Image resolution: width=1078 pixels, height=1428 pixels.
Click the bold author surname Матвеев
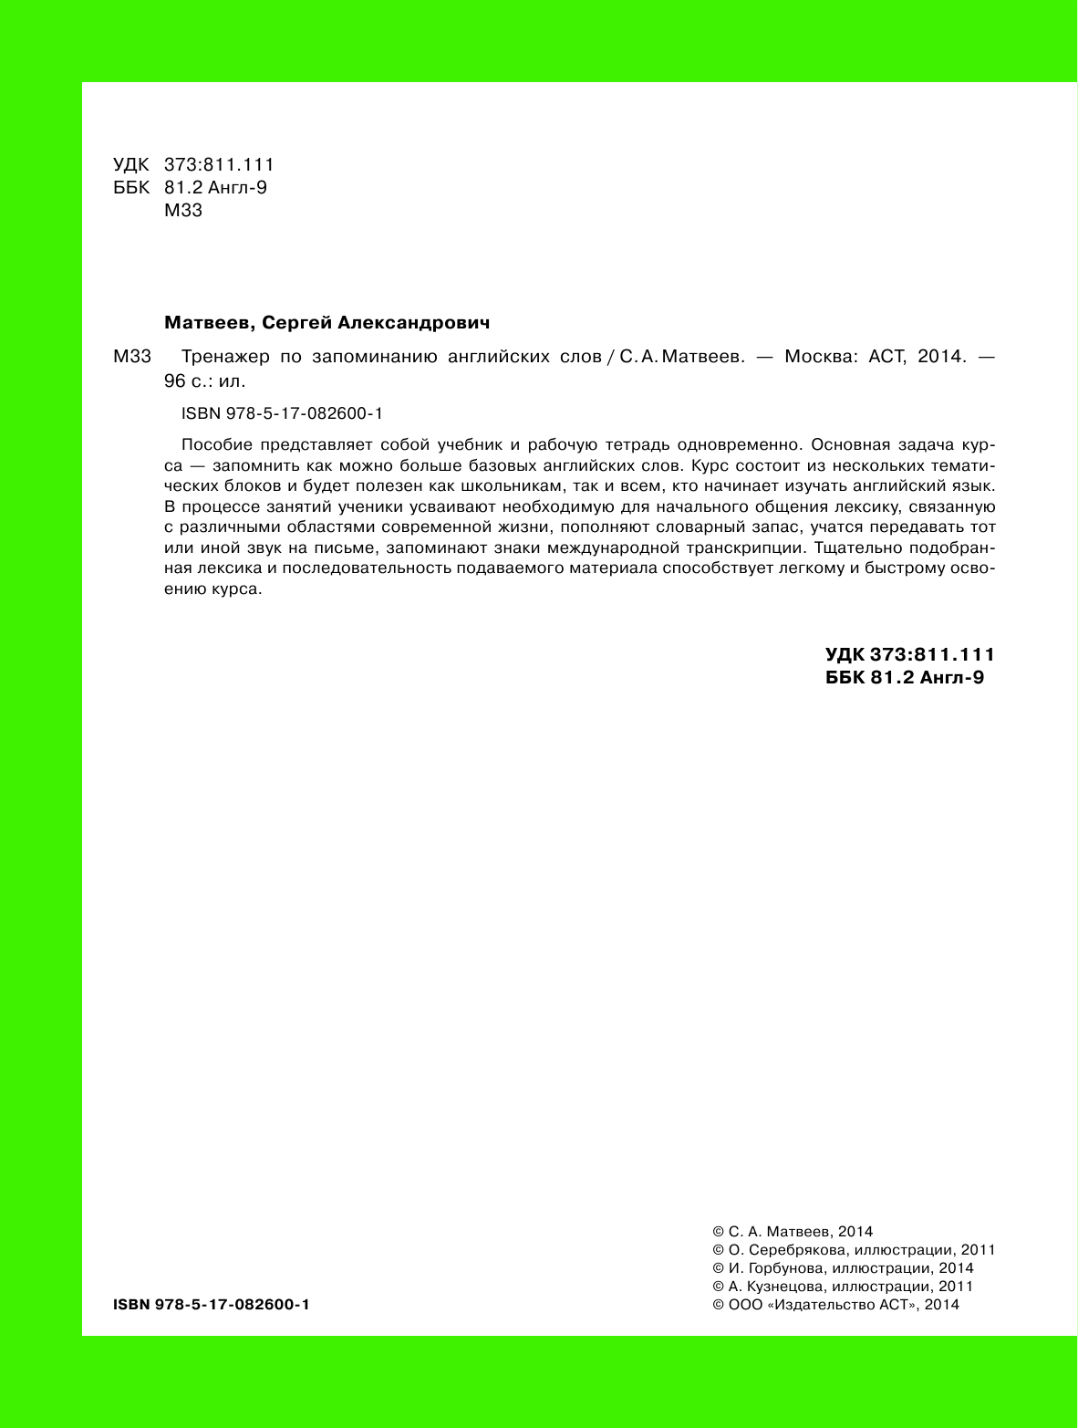205,323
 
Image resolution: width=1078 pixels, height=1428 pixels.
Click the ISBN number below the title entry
282,413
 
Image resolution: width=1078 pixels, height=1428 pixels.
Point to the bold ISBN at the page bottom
212,1305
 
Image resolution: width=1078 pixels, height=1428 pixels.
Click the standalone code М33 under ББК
182,211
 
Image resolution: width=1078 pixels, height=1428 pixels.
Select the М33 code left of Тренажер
131,357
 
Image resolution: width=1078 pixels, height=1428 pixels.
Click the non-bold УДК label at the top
130,165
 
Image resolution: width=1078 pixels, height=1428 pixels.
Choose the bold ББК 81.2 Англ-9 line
904,677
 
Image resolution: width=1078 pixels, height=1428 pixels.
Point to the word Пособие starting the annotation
216,445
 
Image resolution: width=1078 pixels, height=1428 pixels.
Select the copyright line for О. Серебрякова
853,1250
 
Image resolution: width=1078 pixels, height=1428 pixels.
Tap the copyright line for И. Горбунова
842,1268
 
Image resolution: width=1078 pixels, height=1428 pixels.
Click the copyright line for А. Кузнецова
842,1287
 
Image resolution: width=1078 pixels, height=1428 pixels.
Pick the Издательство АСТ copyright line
834,1305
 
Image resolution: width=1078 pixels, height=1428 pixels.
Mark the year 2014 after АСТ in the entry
941,357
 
